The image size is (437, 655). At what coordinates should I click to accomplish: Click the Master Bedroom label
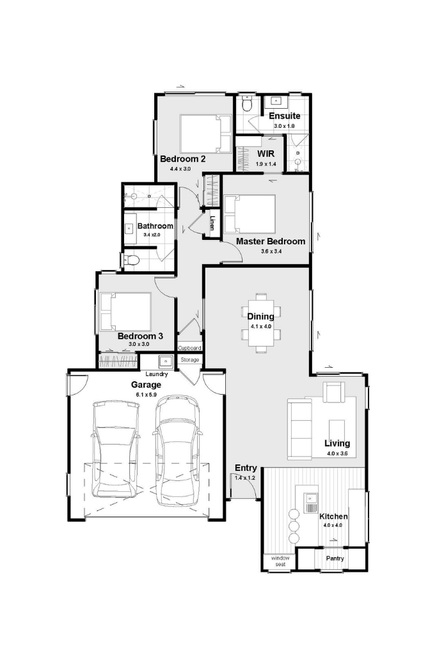coord(270,241)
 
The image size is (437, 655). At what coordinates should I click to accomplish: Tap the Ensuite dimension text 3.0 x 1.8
coord(285,126)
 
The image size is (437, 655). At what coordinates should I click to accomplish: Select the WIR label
coord(266,154)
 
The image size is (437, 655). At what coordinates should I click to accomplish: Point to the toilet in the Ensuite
coord(247,104)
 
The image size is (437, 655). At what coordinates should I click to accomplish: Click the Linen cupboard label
coord(212,223)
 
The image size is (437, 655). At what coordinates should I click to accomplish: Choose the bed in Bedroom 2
coord(205,134)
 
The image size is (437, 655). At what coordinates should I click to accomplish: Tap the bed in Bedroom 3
coord(125,312)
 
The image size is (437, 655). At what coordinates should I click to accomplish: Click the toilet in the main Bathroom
coord(131,260)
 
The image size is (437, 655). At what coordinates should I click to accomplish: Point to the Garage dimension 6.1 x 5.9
coord(147,394)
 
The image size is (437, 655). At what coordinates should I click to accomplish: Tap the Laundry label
coord(157,374)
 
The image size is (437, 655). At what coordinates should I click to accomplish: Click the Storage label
coord(190,359)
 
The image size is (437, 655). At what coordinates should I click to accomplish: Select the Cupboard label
coord(190,348)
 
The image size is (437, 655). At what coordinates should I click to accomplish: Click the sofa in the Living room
coord(299,429)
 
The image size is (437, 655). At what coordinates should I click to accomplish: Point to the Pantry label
coord(335,558)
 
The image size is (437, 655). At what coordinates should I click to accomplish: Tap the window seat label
coord(280,561)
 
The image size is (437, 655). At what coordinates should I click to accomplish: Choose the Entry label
coord(246,468)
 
